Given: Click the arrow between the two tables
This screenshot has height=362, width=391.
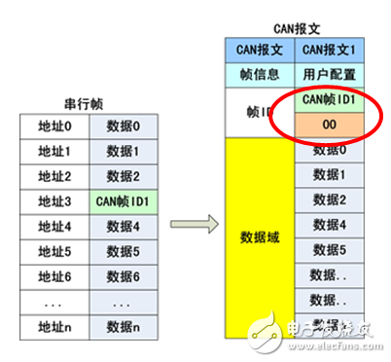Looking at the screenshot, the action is [187, 224].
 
